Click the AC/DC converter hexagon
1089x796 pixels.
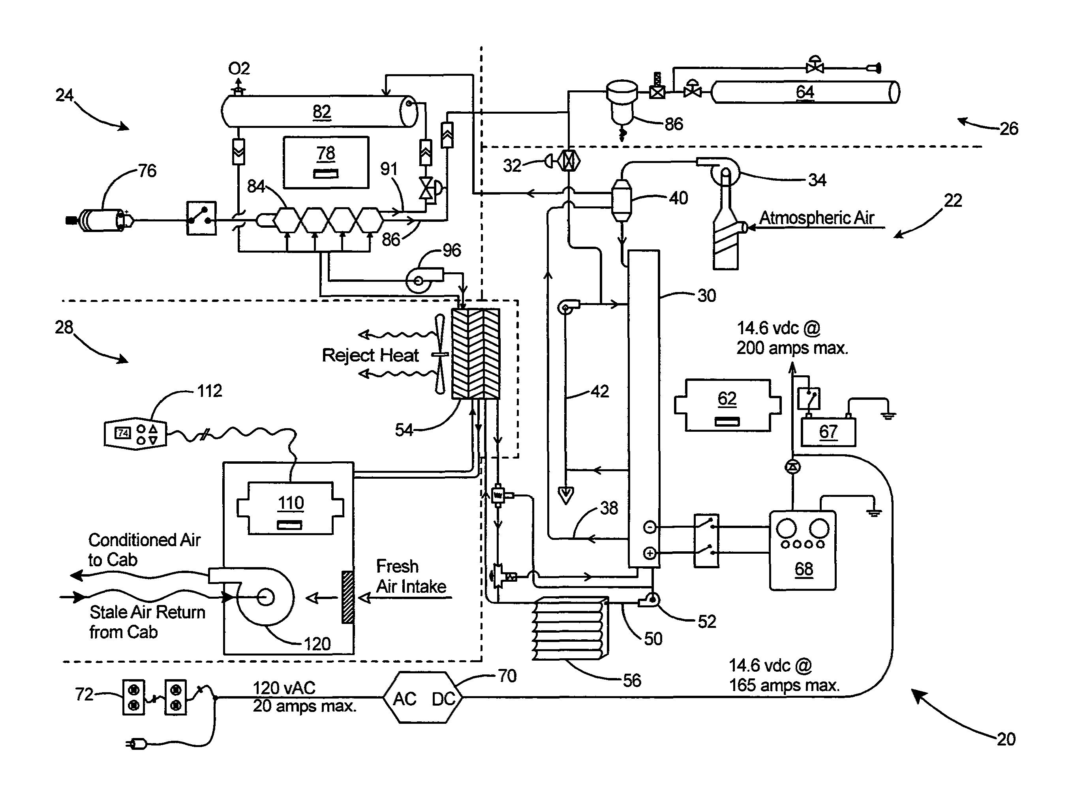(423, 697)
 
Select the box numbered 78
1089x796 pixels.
(326, 162)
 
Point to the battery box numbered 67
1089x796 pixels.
(828, 432)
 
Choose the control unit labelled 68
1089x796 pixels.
(802, 550)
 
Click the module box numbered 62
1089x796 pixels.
(727, 405)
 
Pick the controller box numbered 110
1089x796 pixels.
(290, 508)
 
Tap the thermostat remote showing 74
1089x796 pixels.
(135, 434)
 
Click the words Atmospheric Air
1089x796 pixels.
(817, 218)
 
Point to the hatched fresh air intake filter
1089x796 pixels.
(347, 597)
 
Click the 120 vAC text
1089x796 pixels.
(284, 687)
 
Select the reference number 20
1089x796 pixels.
(1006, 739)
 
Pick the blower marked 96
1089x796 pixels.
(419, 280)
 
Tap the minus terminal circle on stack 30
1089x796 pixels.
(650, 527)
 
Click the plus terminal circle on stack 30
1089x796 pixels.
(650, 553)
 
